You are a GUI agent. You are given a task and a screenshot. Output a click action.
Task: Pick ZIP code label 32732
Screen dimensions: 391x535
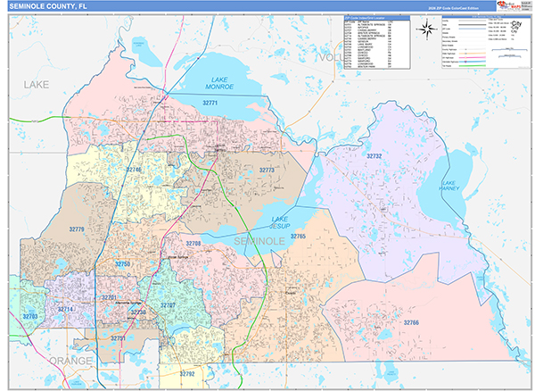pos(374,155)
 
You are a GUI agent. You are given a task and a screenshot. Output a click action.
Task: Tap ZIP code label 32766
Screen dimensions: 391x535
pos(410,321)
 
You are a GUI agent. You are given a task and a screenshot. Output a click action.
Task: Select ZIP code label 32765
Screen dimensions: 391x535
pos(298,237)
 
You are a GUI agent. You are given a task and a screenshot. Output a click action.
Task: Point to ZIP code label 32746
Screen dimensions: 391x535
pos(134,169)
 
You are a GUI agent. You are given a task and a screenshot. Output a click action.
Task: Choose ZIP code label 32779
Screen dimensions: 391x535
pos(78,229)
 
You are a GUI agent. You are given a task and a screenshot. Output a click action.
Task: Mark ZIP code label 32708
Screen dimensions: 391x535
pos(193,243)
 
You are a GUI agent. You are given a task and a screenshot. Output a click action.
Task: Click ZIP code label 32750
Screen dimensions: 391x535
pos(122,265)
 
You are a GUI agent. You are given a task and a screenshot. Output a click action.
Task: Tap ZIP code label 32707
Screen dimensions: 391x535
pos(168,306)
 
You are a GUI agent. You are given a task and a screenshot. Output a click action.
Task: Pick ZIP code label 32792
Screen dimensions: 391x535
pos(186,373)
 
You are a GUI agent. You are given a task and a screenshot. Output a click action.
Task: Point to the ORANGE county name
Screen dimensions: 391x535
pos(70,360)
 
